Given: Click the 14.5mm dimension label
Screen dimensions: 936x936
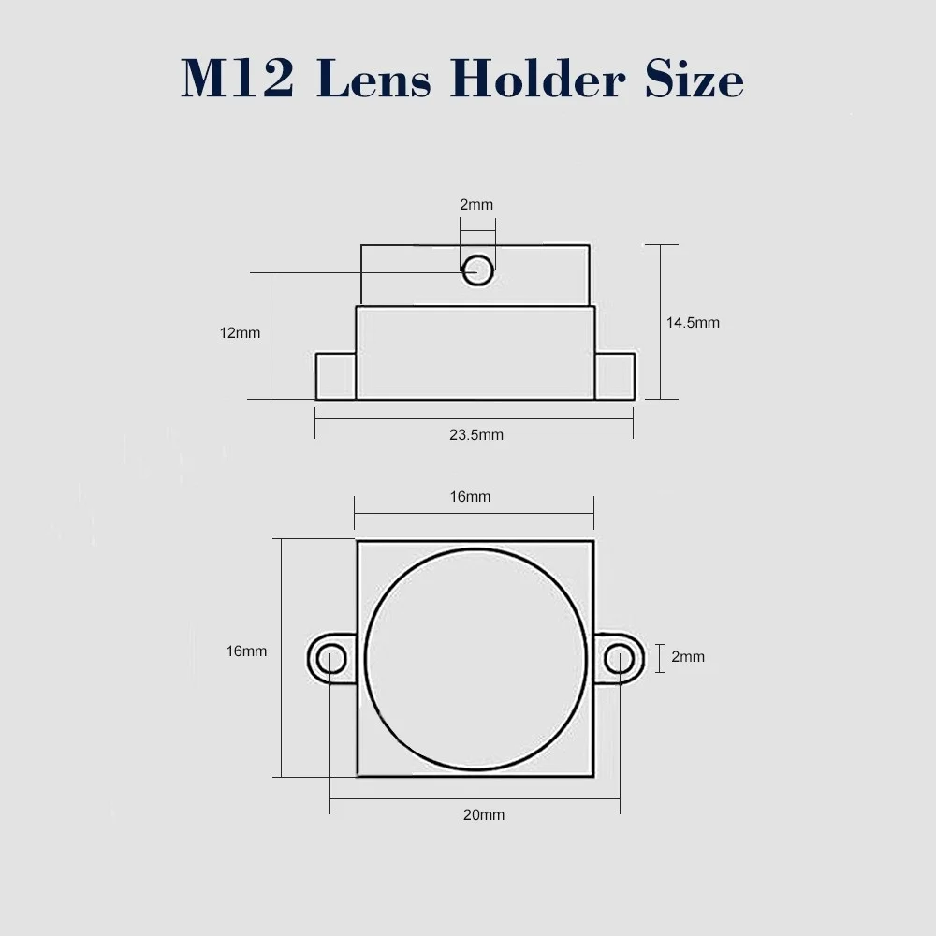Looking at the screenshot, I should click(x=693, y=323).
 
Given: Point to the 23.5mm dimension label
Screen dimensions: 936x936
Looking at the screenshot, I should click(x=475, y=434).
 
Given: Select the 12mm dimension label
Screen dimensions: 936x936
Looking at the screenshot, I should click(x=241, y=332).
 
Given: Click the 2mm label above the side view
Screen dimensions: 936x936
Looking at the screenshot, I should click(x=475, y=204).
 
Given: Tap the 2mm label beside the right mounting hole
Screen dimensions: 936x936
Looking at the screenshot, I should click(x=688, y=657).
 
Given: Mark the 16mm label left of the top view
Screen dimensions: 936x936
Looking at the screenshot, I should click(x=246, y=651).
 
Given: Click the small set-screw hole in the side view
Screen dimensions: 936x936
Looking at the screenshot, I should click(x=477, y=270).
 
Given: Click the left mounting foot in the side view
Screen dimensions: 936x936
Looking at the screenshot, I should click(x=335, y=376).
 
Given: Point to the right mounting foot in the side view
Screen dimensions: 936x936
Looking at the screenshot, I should click(x=615, y=376).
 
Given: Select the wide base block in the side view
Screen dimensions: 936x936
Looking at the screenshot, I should click(x=475, y=354).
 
